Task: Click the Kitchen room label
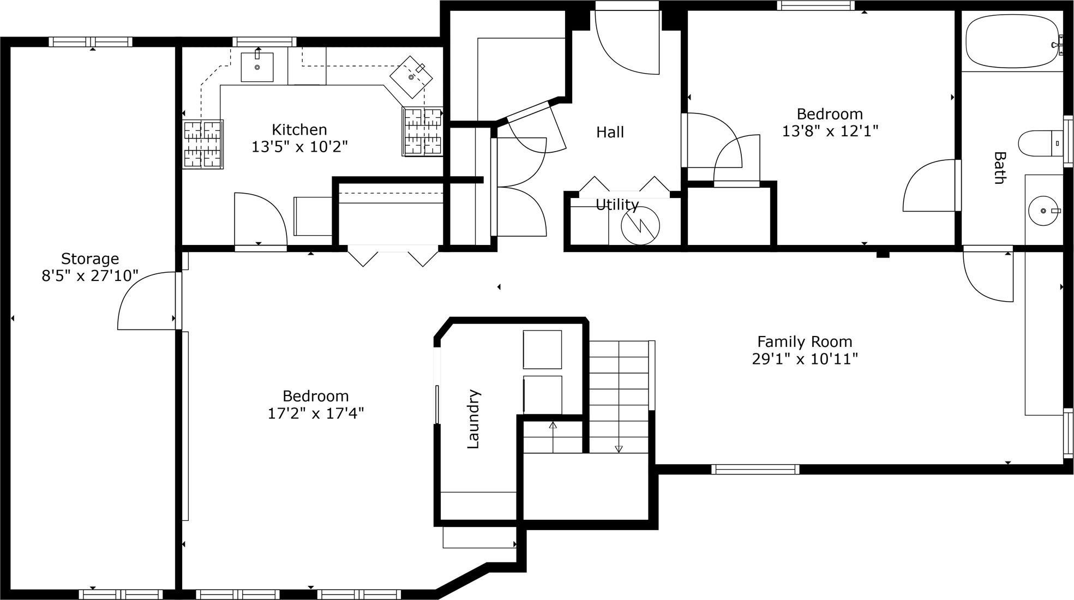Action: [299, 130]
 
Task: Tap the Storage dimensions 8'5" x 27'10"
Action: [90, 276]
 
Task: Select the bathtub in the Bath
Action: [1012, 41]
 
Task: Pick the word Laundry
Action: [473, 419]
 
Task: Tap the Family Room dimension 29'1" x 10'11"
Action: [805, 359]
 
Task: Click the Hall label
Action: [610, 132]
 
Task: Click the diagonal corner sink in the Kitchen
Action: [412, 77]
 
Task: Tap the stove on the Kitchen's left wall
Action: [202, 145]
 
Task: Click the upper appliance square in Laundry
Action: [542, 350]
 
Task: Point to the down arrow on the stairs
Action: [619, 448]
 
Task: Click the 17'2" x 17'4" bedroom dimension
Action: [315, 413]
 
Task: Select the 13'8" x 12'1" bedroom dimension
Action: [830, 131]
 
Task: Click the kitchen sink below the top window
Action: [257, 67]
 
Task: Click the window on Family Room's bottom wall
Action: [755, 469]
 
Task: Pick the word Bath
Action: [999, 168]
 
